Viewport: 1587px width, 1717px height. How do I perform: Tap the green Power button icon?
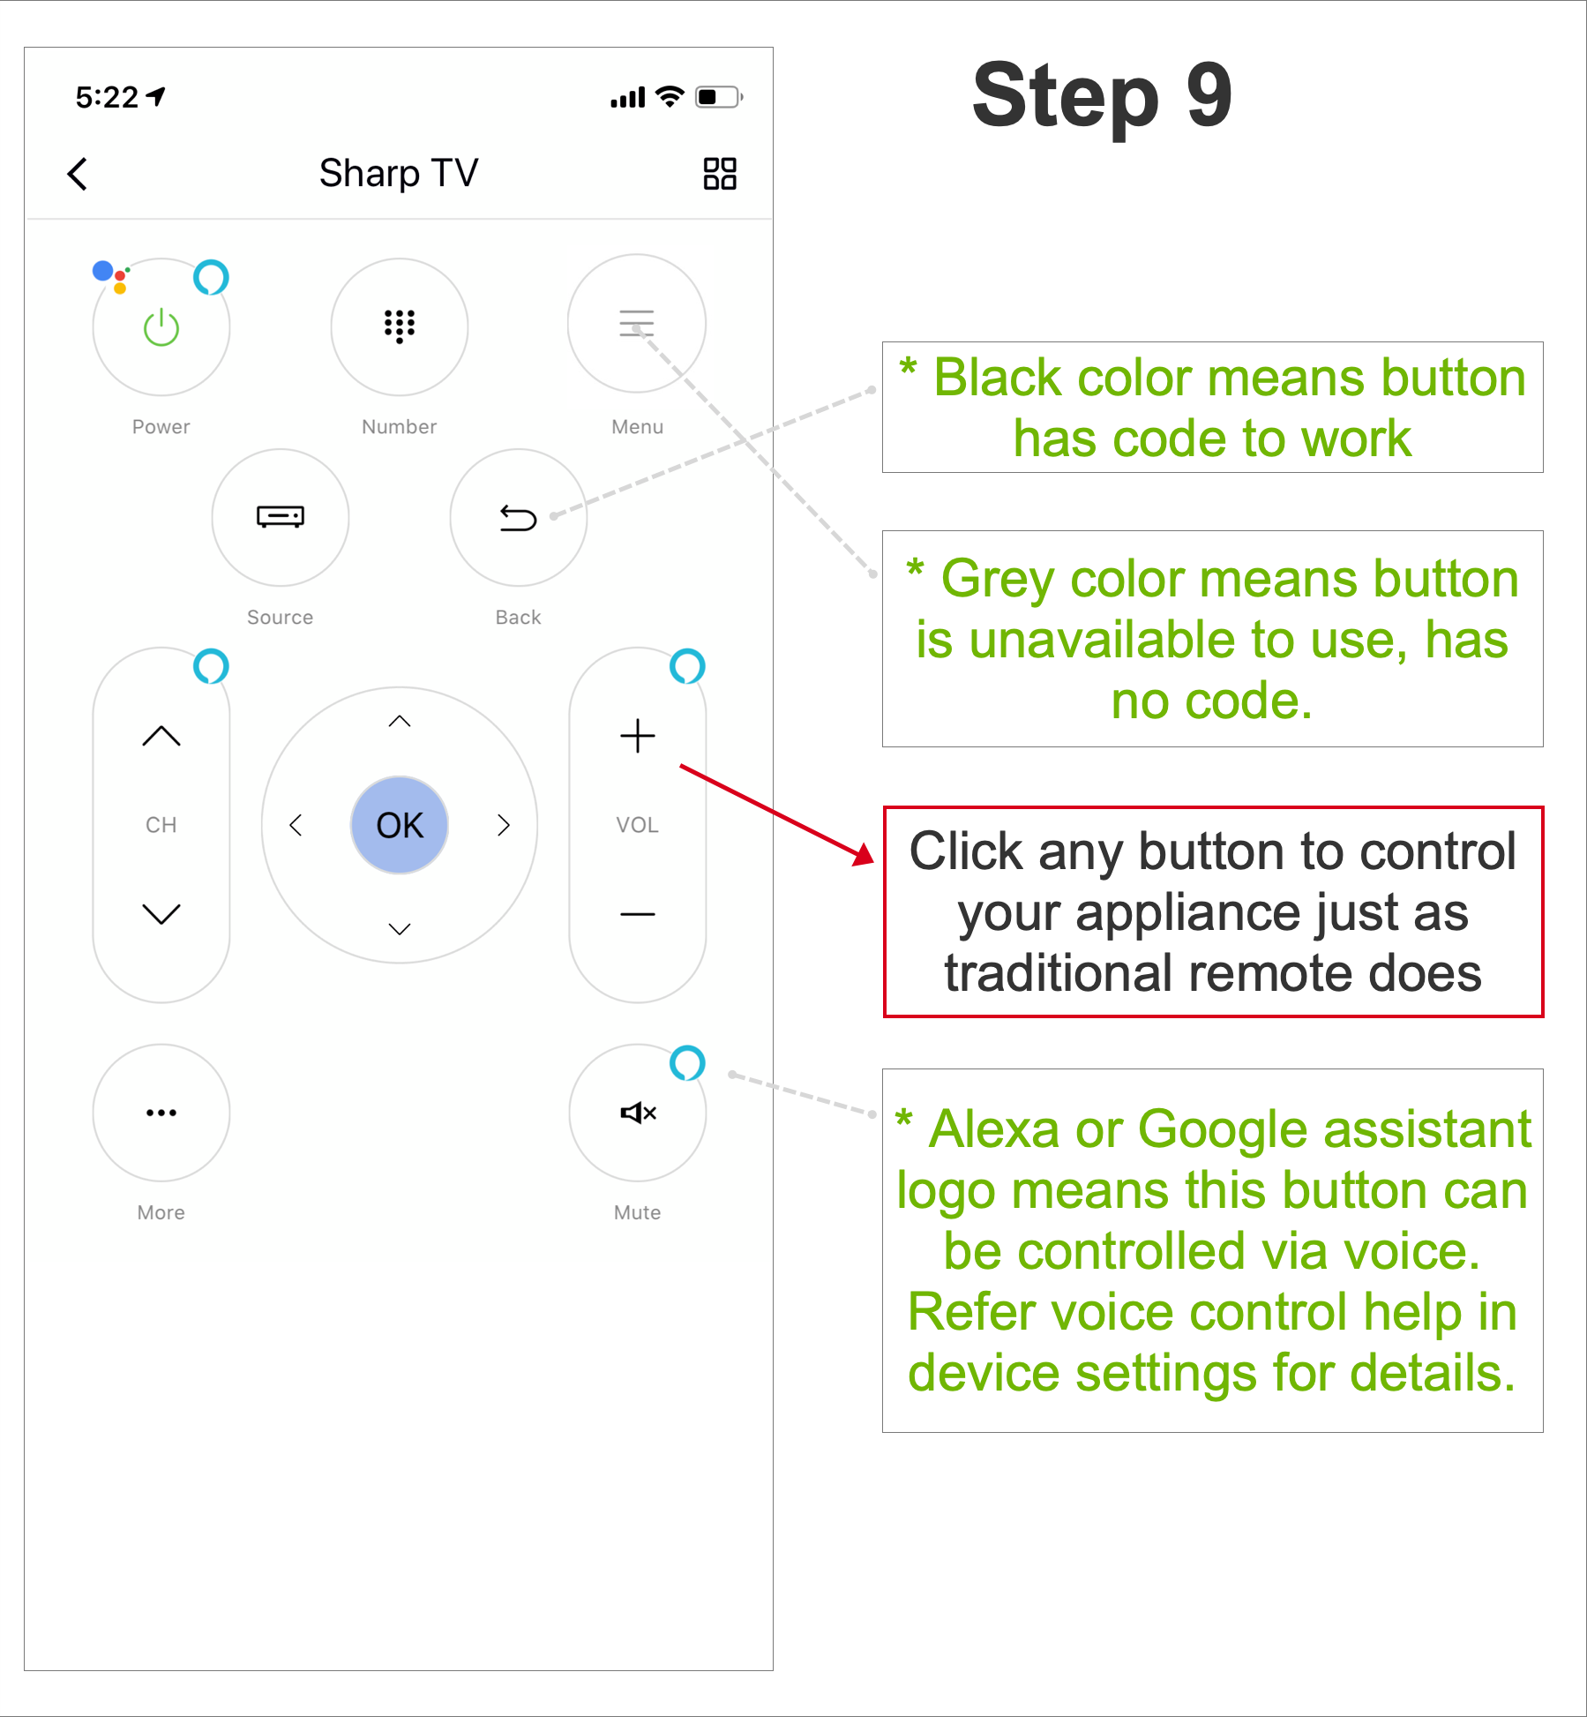pos(161,327)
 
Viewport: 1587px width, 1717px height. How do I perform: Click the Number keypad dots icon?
pos(400,326)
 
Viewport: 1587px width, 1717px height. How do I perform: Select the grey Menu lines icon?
pos(637,323)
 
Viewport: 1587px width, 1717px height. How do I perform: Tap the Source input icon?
pos(281,516)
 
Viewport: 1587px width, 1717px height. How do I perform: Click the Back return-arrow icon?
pos(518,518)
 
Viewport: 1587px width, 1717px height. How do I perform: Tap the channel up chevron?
pos(161,736)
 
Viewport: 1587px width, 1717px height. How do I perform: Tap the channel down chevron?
pos(161,914)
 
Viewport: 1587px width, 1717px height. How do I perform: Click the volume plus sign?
pos(638,736)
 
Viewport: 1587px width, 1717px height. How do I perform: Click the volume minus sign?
pos(638,914)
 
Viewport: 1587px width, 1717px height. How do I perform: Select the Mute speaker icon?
pos(639,1113)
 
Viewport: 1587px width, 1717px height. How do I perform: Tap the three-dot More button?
pos(161,1113)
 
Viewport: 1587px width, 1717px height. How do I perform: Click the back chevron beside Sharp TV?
pos(78,174)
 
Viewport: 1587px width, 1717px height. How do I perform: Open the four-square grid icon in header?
pos(720,174)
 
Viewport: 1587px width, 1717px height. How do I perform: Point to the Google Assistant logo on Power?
pos(111,276)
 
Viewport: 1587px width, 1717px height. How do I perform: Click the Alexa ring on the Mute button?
pos(687,1063)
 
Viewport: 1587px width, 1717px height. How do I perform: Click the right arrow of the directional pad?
pos(504,825)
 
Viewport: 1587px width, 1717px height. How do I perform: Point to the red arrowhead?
pos(864,854)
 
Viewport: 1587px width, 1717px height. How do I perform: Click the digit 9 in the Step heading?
pos(1209,94)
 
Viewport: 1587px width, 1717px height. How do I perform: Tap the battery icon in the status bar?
pos(719,97)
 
